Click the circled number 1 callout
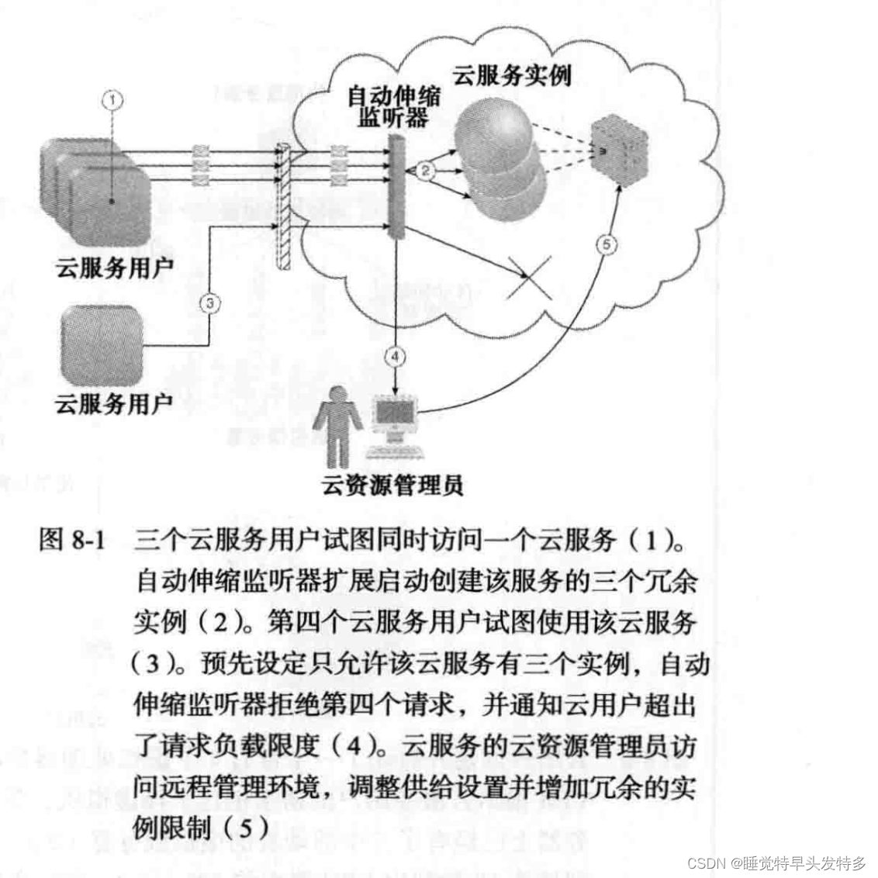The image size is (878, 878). click(113, 99)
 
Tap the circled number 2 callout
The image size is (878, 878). click(425, 171)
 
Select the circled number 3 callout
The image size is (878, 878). click(209, 302)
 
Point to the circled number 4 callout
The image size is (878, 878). click(396, 356)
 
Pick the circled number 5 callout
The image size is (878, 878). click(607, 245)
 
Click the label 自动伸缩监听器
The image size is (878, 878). click(392, 107)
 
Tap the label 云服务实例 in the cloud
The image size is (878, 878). click(511, 76)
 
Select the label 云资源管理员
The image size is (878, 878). click(392, 486)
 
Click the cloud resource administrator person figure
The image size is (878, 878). click(337, 425)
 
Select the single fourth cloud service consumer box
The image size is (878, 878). click(103, 345)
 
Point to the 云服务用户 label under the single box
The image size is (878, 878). click(114, 403)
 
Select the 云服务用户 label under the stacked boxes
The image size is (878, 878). click(114, 268)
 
